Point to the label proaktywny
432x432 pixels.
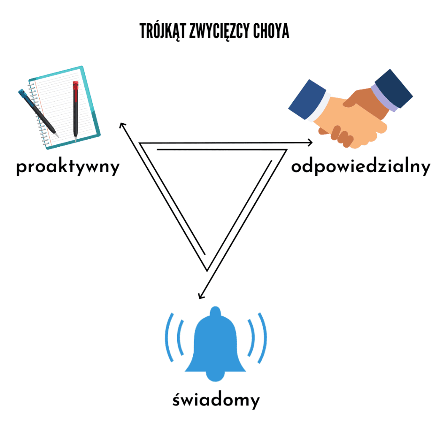68,167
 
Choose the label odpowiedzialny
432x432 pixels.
361,167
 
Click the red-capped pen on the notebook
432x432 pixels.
76,110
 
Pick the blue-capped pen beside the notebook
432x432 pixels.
38,111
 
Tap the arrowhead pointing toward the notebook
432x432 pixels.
122,125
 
